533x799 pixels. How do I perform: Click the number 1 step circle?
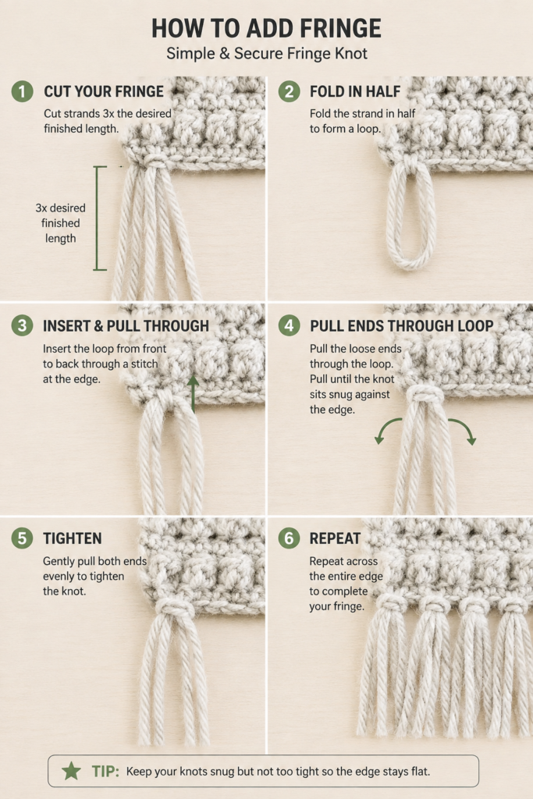tap(22, 91)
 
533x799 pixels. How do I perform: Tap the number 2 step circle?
tap(289, 91)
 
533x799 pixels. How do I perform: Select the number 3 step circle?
tap(22, 325)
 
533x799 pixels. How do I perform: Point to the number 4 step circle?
tap(289, 325)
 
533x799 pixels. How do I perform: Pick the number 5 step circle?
tap(22, 538)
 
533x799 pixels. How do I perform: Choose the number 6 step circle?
tap(289, 538)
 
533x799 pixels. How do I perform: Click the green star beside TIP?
tap(71, 771)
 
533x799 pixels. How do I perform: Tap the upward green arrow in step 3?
tap(193, 394)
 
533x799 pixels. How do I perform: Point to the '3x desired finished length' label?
tap(60, 223)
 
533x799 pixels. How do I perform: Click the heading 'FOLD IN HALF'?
tap(355, 91)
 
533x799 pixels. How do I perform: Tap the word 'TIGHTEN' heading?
tap(73, 538)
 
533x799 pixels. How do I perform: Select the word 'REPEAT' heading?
tap(335, 538)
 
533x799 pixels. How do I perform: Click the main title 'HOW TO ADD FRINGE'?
tap(267, 28)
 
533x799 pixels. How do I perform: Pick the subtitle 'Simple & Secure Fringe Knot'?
tap(267, 54)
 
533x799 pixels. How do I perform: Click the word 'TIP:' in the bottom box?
tap(105, 771)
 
